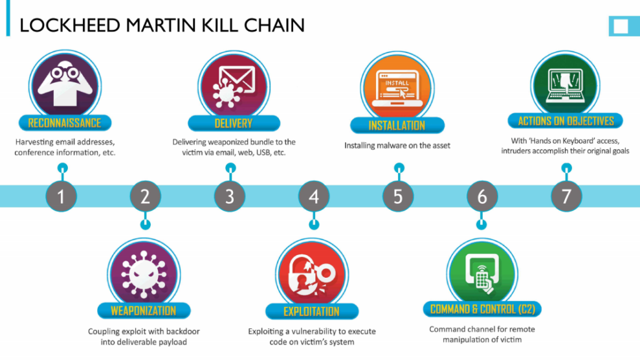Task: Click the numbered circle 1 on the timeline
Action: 61,196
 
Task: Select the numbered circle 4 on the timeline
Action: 314,196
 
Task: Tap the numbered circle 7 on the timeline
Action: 566,196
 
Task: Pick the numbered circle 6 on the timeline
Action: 482,196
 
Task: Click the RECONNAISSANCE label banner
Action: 65,123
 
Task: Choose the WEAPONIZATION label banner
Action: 144,311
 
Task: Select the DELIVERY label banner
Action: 233,124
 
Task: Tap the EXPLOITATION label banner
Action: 312,311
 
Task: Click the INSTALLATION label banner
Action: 397,126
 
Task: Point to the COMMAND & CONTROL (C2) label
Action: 482,309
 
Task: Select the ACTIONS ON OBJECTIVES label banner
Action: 566,121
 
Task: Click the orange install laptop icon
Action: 396,87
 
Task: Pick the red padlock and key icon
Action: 311,272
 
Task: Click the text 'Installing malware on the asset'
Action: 397,146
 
